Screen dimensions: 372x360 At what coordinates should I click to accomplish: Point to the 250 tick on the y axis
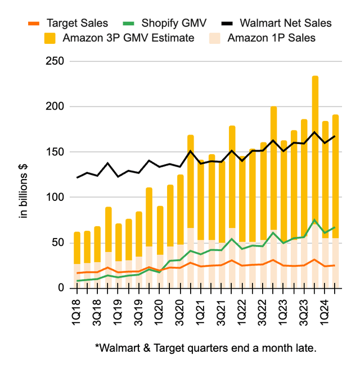click(56, 61)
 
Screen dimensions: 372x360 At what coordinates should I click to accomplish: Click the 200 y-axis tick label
click(56, 106)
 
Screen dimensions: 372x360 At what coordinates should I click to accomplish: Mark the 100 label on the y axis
click(56, 198)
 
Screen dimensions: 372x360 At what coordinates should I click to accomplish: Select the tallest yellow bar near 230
click(315, 146)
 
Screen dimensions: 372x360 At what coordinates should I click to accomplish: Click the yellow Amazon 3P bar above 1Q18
click(76, 248)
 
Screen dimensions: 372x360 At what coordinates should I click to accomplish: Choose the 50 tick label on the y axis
click(58, 243)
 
